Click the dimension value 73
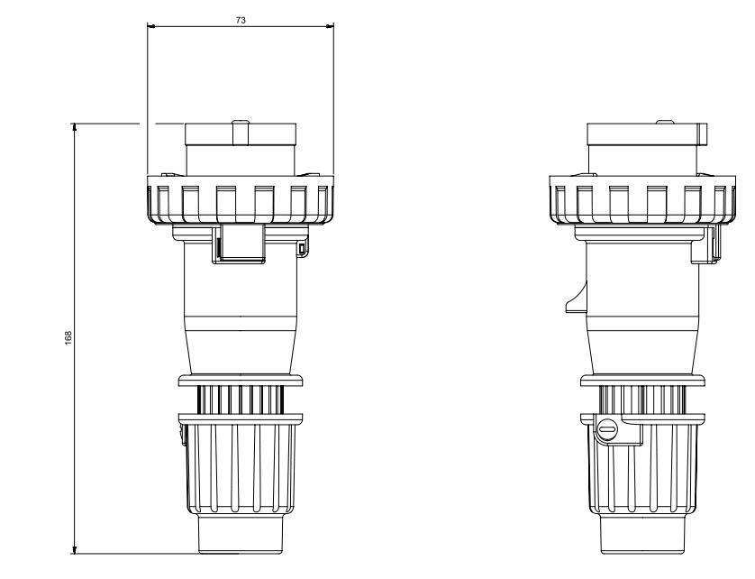[241, 20]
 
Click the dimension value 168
[68, 337]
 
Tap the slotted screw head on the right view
[607, 428]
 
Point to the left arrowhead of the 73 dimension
[150, 26]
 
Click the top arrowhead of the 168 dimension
[75, 127]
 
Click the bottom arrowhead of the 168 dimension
[75, 550]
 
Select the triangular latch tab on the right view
[577, 299]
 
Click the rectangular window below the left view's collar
[239, 243]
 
